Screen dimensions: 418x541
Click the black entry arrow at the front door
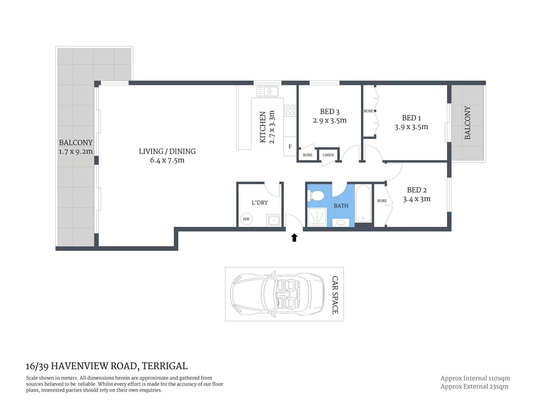pos(294,238)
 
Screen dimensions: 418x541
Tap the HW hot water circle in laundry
pos(246,219)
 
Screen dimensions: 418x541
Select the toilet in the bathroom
pos(316,195)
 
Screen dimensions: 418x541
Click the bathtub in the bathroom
pos(363,204)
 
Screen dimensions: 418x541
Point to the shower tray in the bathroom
pos(317,217)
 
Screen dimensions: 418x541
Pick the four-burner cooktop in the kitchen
pos(290,111)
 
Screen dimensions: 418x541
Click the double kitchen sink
pos(267,92)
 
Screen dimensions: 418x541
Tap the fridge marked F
pos(290,147)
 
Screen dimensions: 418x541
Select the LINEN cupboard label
pos(328,155)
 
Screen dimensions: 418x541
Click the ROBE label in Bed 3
pos(308,155)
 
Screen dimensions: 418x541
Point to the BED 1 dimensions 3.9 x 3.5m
pos(411,127)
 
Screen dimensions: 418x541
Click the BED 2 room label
pos(416,190)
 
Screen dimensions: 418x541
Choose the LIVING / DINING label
pos(167,151)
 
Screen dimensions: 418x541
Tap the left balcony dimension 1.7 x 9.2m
pos(75,152)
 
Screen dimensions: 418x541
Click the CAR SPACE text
pos(335,295)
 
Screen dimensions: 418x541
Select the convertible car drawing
pos(277,294)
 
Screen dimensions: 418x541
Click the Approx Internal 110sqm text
pos(475,378)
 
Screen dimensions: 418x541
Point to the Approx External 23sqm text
pos(474,386)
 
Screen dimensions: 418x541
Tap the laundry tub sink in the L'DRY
pos(274,221)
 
